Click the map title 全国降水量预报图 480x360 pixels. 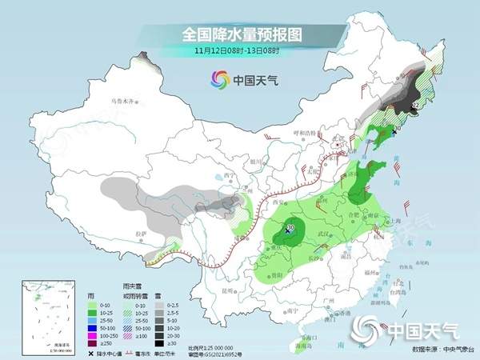point(239,34)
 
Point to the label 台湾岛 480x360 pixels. point(394,294)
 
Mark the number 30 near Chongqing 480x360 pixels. point(290,227)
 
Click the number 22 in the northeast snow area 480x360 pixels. point(414,106)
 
